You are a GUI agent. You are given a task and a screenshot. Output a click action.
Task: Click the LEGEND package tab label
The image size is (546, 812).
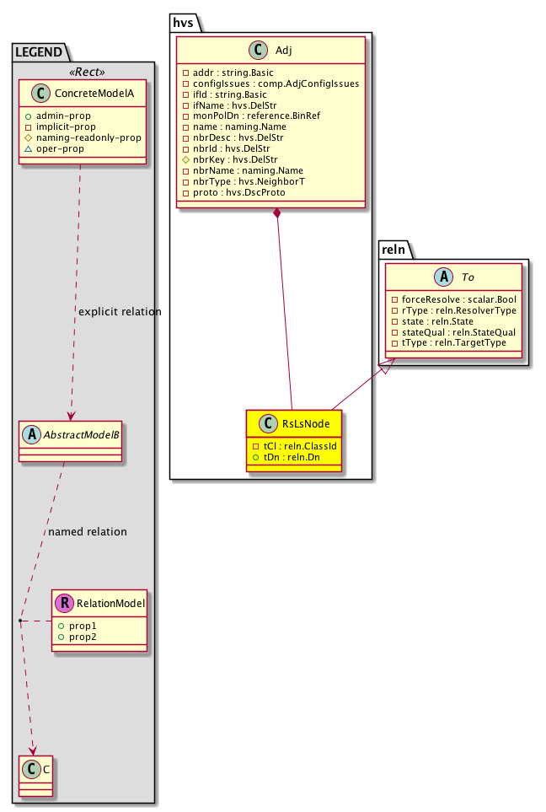point(37,52)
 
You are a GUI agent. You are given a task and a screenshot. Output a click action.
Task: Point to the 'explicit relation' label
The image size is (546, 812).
point(119,312)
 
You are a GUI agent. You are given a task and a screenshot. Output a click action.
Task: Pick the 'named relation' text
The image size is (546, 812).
point(88,532)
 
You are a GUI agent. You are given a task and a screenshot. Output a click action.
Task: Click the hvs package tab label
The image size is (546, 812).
point(184,22)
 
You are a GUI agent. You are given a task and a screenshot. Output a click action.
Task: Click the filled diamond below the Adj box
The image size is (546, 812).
point(277,214)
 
